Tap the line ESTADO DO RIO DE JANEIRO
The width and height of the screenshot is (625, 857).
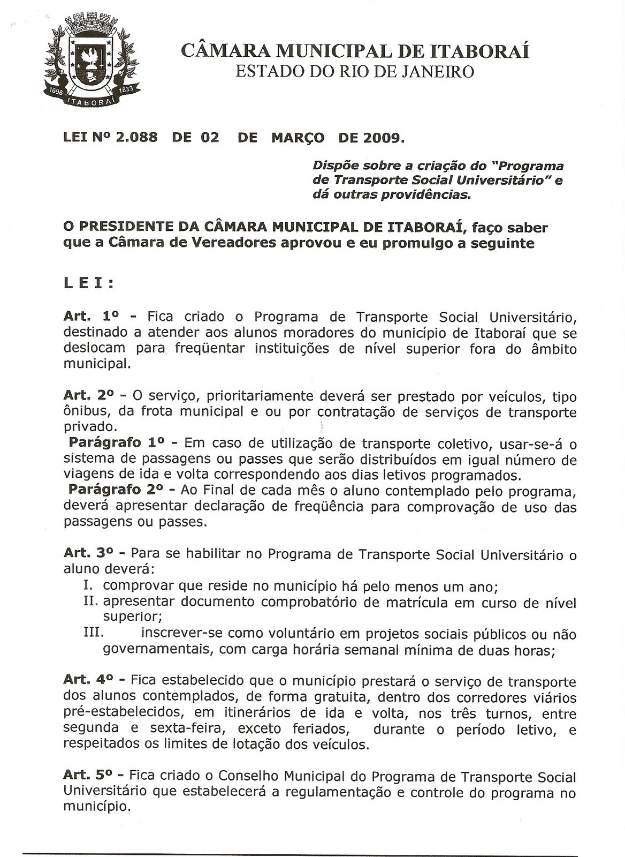pos(355,72)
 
